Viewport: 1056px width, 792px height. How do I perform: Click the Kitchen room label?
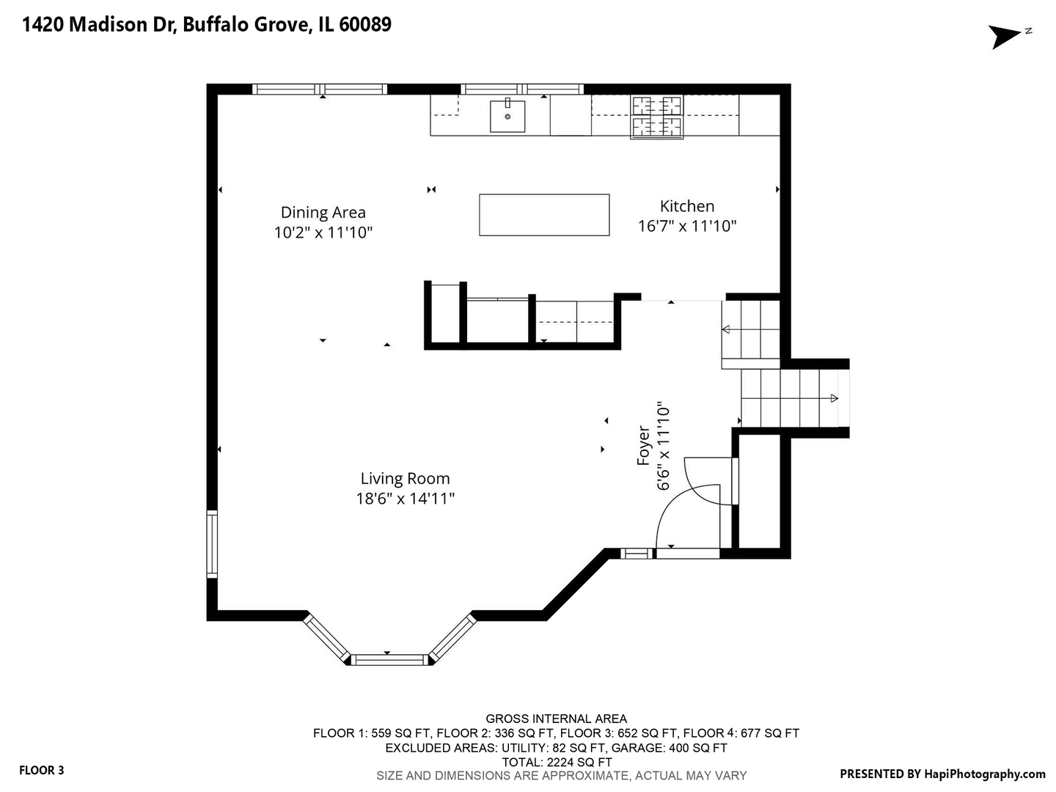click(x=686, y=206)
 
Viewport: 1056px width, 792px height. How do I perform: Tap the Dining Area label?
click(x=323, y=213)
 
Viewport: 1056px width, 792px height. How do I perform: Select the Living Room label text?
click(x=405, y=478)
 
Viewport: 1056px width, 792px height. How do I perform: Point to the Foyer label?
click(x=643, y=445)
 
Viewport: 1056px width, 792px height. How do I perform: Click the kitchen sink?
click(x=507, y=116)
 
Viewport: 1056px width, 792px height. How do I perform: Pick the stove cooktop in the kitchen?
click(x=656, y=117)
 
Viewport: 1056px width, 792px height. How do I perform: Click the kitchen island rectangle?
click(x=544, y=215)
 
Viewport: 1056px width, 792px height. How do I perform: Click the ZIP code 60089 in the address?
click(x=365, y=24)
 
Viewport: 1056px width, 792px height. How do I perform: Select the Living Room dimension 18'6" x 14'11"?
click(x=405, y=499)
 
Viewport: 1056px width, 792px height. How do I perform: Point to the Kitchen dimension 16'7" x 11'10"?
click(x=687, y=226)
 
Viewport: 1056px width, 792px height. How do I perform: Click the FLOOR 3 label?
click(x=41, y=770)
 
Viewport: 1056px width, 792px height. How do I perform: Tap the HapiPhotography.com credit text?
click(x=984, y=774)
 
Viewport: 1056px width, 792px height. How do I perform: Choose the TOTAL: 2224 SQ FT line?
click(x=557, y=762)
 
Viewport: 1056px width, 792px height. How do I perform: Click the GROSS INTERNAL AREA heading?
click(x=556, y=719)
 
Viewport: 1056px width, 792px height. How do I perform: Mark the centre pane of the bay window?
click(x=389, y=659)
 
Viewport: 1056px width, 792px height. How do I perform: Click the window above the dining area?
click(x=320, y=89)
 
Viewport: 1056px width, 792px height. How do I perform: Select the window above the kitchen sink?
click(x=522, y=89)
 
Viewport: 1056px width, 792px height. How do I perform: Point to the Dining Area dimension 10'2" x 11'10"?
click(x=323, y=232)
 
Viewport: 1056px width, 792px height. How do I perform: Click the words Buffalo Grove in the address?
click(x=246, y=24)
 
